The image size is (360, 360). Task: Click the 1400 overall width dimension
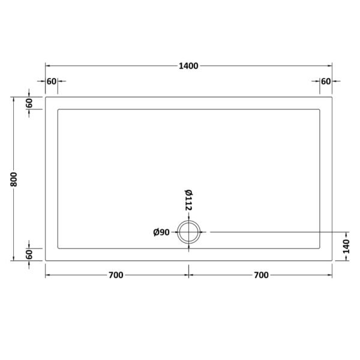[x=188, y=66]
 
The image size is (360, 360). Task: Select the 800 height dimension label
[x=14, y=179]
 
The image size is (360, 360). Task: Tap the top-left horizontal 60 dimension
[x=52, y=81]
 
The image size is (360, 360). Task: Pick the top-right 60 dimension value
[x=326, y=81]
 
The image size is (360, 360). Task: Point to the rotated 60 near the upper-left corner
[x=29, y=103]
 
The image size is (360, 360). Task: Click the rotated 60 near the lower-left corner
[x=29, y=254]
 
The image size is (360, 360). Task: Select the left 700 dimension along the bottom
[x=116, y=275]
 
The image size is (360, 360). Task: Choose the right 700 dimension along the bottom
[x=261, y=275]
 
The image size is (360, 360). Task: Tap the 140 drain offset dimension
[x=346, y=247]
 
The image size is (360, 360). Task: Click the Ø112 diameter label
[x=188, y=200]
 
